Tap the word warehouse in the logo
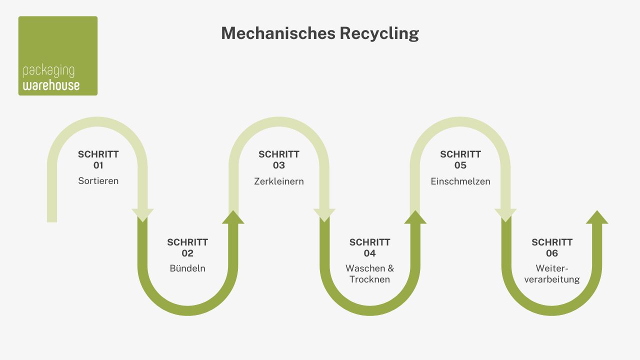(x=51, y=85)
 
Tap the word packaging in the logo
(x=48, y=71)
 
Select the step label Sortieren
(x=98, y=181)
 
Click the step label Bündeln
(x=187, y=268)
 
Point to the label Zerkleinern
(x=279, y=181)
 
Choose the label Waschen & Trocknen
(x=370, y=274)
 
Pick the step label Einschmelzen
(x=460, y=181)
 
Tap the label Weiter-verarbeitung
(x=552, y=274)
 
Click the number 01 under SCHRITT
(x=98, y=165)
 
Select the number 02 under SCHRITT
(x=187, y=253)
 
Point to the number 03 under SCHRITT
(x=279, y=165)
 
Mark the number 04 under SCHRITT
(x=370, y=253)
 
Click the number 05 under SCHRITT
(x=460, y=165)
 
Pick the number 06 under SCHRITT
(x=552, y=253)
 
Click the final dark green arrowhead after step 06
(x=597, y=218)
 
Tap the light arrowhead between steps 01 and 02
(x=142, y=214)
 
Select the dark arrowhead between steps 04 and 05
(x=415, y=218)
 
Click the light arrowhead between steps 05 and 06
(x=506, y=214)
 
